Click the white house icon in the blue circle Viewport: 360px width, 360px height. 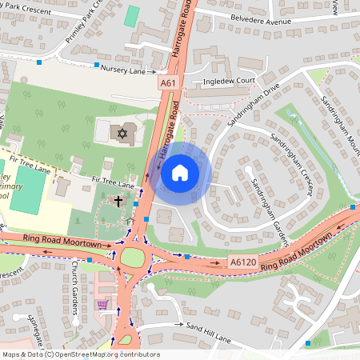click(180, 172)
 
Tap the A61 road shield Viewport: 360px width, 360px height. click(166, 83)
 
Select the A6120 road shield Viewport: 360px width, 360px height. click(242, 262)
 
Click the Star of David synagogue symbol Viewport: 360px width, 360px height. click(122, 130)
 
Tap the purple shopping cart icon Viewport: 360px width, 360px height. click(102, 304)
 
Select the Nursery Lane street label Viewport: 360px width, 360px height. click(123, 70)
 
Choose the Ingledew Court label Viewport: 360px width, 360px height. click(228, 82)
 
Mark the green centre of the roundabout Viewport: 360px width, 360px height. click(130, 258)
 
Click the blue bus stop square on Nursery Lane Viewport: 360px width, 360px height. click(97, 64)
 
